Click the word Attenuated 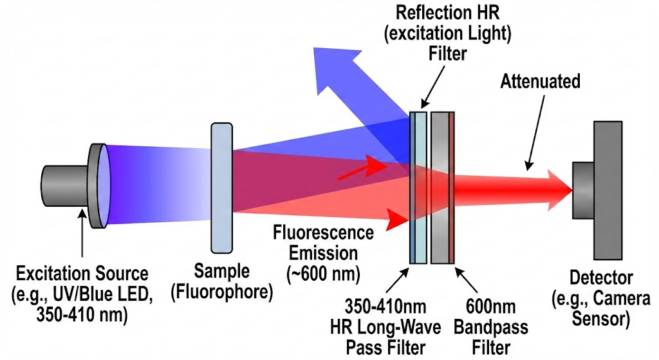(540, 81)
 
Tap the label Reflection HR (448, 13)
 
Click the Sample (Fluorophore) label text (222, 281)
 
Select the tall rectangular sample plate (222, 188)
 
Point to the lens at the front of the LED (105, 185)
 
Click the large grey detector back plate (608, 191)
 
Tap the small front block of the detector (583, 191)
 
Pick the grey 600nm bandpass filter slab (443, 187)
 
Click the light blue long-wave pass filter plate (418, 187)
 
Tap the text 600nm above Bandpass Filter (491, 307)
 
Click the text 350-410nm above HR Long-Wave (385, 307)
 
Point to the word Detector (601, 278)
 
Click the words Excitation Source (82, 274)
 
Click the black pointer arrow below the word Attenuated (535, 132)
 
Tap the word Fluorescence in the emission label (323, 232)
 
